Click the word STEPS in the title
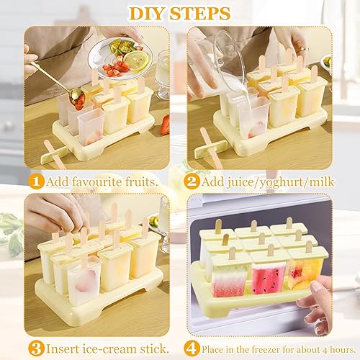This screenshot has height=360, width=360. click(x=200, y=14)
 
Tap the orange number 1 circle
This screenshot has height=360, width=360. click(x=36, y=181)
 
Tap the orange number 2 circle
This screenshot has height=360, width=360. click(x=192, y=181)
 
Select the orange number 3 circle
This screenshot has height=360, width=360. click(x=36, y=348)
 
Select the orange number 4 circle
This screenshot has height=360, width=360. click(x=192, y=348)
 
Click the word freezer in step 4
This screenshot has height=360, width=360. click(x=264, y=349)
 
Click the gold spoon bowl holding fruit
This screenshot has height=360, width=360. click(x=77, y=98)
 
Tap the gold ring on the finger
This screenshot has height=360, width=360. click(x=304, y=48)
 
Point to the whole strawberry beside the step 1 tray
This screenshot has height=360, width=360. click(x=166, y=125)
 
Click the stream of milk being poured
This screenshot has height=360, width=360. click(x=249, y=101)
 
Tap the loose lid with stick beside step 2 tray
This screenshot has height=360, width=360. click(x=211, y=149)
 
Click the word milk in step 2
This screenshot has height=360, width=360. click(x=322, y=181)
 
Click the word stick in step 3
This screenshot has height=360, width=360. click(x=153, y=348)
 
